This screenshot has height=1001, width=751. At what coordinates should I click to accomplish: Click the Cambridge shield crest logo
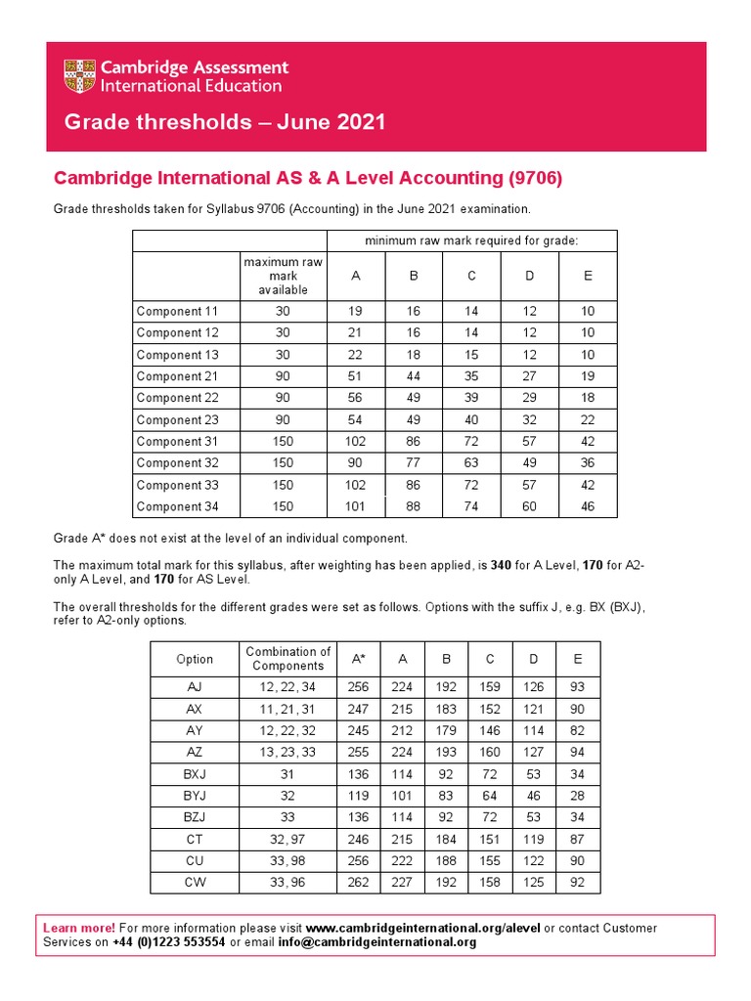tap(81, 76)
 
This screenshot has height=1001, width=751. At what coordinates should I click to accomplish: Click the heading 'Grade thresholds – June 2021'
tap(224, 122)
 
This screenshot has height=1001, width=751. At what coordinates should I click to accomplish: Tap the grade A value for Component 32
tap(355, 462)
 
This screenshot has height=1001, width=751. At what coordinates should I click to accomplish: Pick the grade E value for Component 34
tap(588, 506)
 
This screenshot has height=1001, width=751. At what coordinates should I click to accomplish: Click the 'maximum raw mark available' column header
tap(283, 276)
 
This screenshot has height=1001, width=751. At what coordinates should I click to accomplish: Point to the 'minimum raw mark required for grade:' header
tap(471, 240)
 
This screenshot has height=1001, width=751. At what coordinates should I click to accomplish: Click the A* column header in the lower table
tap(359, 659)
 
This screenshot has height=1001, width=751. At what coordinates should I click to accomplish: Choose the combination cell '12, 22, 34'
tap(287, 687)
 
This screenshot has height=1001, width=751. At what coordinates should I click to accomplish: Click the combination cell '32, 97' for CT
tap(287, 840)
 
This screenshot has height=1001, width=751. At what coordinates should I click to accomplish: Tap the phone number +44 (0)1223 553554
tap(167, 942)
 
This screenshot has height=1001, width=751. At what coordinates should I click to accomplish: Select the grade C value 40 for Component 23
tap(471, 419)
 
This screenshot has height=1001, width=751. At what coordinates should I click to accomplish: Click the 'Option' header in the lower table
tap(194, 659)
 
